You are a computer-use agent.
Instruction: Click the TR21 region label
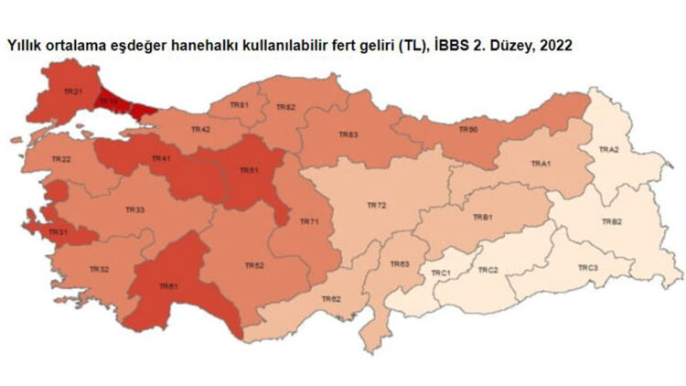[x=74, y=92]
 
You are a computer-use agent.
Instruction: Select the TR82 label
[x=286, y=107]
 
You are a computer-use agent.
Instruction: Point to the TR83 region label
[x=348, y=134]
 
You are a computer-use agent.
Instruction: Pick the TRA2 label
[x=608, y=149]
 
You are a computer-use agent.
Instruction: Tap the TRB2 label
[x=612, y=222]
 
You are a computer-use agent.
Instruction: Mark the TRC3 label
[x=587, y=267]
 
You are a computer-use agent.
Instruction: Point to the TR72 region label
[x=377, y=207]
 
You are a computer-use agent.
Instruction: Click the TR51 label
[x=250, y=170]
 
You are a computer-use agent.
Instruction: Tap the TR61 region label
[x=168, y=286]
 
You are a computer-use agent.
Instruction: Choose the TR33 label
[x=134, y=210]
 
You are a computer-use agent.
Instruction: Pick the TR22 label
[x=61, y=159]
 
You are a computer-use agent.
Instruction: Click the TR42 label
[x=200, y=130]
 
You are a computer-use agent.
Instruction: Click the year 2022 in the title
[x=557, y=44]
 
